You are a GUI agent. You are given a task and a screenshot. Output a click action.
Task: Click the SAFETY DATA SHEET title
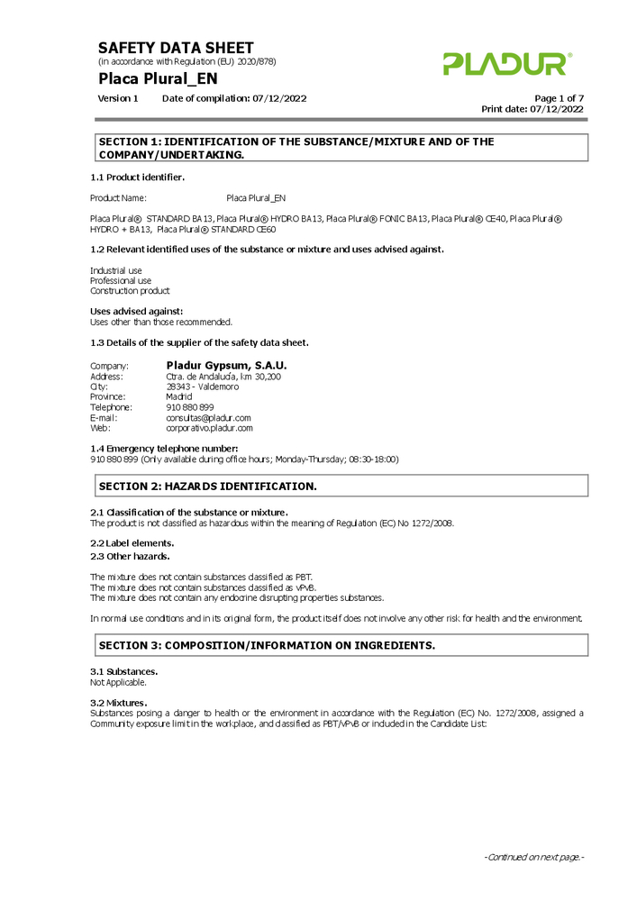[176, 48]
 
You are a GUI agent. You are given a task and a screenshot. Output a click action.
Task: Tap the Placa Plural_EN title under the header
[158, 78]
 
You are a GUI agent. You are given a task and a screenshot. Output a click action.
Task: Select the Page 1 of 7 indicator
[559, 98]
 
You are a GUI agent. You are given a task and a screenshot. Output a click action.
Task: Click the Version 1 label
[118, 98]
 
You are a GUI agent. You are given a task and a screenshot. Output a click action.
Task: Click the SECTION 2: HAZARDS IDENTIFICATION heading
[207, 487]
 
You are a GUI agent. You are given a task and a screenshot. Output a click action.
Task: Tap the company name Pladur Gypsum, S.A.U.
[226, 365]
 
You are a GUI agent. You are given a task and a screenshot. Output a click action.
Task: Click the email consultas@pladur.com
[208, 418]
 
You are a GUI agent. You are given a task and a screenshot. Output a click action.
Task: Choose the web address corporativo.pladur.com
[209, 428]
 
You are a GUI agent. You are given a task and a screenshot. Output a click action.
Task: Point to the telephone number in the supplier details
[190, 407]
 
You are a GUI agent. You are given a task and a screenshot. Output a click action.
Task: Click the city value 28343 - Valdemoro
[202, 387]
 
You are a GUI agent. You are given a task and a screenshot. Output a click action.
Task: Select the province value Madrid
[178, 396]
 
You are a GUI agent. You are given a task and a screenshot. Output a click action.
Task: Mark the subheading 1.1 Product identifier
[138, 177]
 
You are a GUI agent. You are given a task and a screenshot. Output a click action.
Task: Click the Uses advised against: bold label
[136, 311]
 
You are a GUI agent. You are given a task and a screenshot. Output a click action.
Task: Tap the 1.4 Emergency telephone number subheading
[164, 448]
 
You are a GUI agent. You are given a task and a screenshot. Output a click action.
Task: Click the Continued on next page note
[534, 857]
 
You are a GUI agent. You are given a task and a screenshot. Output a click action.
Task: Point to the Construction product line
[130, 291]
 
